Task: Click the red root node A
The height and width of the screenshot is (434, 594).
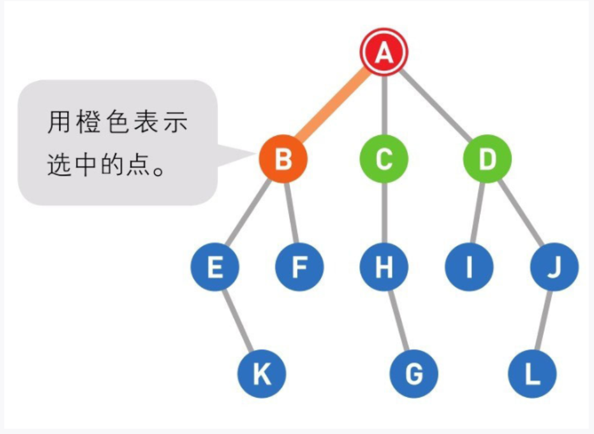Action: [384, 53]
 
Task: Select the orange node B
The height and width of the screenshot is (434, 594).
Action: [283, 159]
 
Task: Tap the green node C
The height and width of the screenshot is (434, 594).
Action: [384, 159]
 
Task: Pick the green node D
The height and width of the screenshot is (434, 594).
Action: [487, 159]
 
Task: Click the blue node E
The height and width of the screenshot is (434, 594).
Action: [215, 267]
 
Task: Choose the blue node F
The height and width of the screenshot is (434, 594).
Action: [300, 267]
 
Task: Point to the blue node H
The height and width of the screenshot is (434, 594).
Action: [384, 267]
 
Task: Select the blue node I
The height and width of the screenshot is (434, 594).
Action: [469, 267]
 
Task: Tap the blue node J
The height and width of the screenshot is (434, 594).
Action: [554, 267]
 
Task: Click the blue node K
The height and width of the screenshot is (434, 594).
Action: [262, 374]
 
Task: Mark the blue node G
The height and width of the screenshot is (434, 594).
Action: [414, 374]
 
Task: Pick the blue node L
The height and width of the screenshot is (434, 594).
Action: [533, 374]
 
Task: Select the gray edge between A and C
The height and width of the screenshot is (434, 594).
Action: [384, 106]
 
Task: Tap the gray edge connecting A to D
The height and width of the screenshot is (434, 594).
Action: [436, 106]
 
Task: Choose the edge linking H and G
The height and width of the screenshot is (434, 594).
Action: [398, 321]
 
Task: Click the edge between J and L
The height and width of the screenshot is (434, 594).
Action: [543, 321]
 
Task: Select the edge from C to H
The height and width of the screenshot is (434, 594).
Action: [384, 213]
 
